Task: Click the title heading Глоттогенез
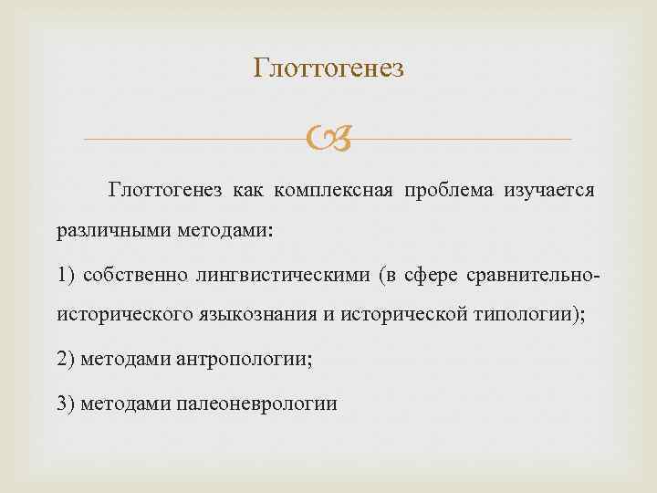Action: (328, 68)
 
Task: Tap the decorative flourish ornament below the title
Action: (328, 140)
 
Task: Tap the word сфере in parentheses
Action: (433, 275)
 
